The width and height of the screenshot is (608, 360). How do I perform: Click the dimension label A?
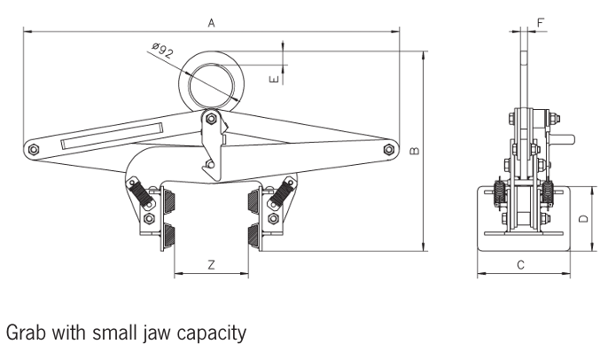(212, 24)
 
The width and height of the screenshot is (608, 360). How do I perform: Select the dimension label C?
(521, 264)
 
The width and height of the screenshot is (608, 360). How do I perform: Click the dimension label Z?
(210, 264)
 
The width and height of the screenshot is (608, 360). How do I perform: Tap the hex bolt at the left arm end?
(33, 149)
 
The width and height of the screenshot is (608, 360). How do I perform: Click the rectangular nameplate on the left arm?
(111, 133)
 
